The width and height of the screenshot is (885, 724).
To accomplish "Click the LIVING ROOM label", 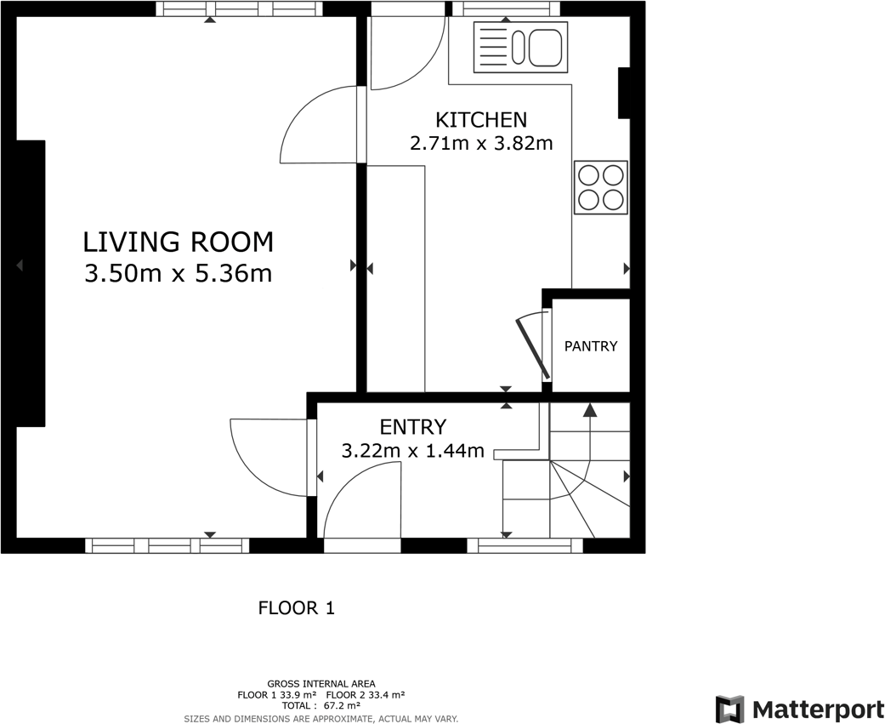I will [178, 242].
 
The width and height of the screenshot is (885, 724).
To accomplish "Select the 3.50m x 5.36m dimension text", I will [178, 274].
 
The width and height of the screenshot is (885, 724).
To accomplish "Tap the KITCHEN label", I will [481, 120].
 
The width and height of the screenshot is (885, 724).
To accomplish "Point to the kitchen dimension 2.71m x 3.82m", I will [481, 143].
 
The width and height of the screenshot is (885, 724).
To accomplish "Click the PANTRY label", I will [591, 346].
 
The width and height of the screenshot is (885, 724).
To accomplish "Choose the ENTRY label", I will [413, 427].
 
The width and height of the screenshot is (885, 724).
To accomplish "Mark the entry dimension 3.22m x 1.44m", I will [413, 450].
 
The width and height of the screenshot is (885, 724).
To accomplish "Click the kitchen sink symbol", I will [519, 47].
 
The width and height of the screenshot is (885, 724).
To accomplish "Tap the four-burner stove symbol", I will [601, 187].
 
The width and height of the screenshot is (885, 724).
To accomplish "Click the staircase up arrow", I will [589, 411].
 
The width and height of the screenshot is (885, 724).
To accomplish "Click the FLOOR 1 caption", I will [297, 608].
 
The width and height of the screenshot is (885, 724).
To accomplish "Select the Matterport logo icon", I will [729, 710].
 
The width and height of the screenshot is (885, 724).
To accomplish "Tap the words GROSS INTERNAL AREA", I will [321, 683].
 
